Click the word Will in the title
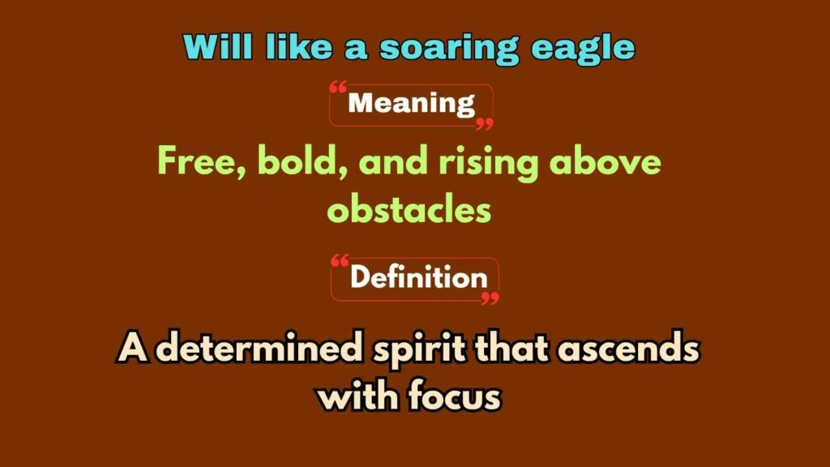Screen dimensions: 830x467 (x=217, y=46)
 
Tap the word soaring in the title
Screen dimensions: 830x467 (x=449, y=49)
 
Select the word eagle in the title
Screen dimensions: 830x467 (x=582, y=49)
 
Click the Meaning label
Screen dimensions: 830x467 (x=411, y=103)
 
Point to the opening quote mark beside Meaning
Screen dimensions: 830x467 (x=338, y=88)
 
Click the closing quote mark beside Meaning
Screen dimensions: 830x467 (x=485, y=124)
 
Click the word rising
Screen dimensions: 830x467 (x=488, y=163)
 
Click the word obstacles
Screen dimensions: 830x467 (x=409, y=210)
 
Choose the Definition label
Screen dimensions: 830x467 (x=418, y=277)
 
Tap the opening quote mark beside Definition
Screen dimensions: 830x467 (x=340, y=260)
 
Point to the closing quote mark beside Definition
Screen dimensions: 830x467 (x=490, y=298)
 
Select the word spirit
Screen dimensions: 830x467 (x=419, y=350)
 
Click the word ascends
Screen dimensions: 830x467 (x=628, y=349)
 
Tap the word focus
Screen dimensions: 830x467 (x=454, y=396)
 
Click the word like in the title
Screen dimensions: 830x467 (x=298, y=46)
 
